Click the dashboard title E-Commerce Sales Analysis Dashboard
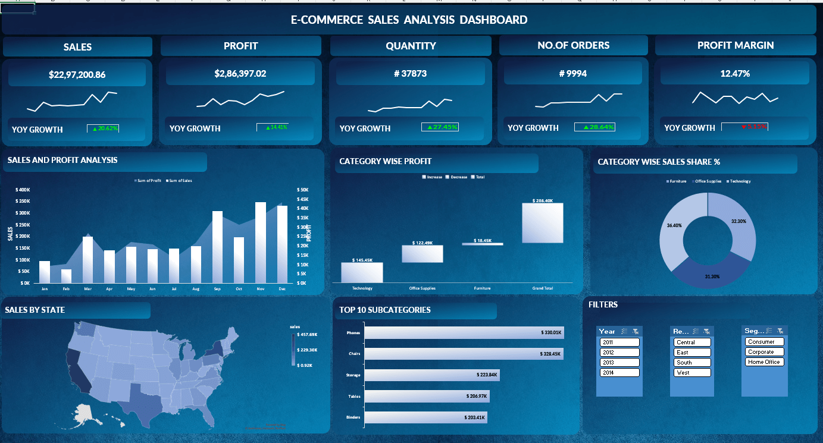(x=409, y=20)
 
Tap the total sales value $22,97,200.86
(x=77, y=74)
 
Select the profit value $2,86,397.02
(x=240, y=74)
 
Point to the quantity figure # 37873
(x=411, y=74)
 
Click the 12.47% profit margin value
(x=735, y=74)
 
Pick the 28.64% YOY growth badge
(x=594, y=127)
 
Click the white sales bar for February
(x=66, y=277)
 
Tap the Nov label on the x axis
(x=260, y=288)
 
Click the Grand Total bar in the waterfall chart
(x=543, y=223)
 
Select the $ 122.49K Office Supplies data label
(x=423, y=243)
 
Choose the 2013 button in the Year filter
(x=619, y=362)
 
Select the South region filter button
(x=692, y=362)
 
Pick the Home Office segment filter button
(x=764, y=362)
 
